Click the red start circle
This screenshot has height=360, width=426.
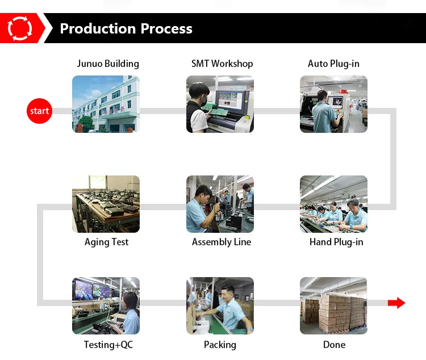39,111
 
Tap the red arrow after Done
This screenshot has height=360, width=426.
396,303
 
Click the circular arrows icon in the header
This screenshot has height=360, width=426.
20,28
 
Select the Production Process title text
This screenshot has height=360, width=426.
126,29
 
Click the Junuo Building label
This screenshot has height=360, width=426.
108,64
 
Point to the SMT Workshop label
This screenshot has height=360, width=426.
222,64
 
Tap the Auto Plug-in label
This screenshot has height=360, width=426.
333,64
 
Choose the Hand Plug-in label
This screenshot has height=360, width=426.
336,242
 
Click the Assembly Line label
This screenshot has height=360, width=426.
222,242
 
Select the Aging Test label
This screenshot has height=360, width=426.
106,242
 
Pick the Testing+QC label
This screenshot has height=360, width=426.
108,345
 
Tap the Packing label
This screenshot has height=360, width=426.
220,345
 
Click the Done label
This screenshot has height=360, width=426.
334,345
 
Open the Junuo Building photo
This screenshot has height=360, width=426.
106,104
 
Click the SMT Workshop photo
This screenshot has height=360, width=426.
220,104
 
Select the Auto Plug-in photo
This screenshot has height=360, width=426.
333,104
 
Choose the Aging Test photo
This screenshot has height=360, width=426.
106,204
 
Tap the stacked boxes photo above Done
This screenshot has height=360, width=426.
333,305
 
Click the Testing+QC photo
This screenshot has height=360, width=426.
106,305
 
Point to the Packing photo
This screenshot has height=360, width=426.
220,305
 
